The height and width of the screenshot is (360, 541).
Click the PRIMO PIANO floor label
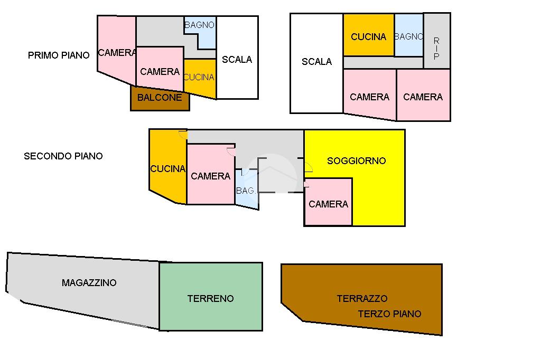coord(59,55)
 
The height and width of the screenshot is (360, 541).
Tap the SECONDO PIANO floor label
coord(63,156)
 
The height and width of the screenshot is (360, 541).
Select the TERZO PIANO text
coord(389,314)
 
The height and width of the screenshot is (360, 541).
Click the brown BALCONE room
coord(160,98)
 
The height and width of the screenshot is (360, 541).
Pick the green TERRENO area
coord(210,299)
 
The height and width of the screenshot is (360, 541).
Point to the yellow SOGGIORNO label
coord(357,161)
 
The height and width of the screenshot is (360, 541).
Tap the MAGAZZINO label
coord(89,283)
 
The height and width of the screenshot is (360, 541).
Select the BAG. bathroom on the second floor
coord(246,191)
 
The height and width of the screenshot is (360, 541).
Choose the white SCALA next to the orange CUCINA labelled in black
coord(316,62)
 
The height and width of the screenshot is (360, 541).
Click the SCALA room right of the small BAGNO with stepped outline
coord(237,60)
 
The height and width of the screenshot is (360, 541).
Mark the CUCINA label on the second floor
coord(168,169)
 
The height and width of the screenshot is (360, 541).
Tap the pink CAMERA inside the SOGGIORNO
coord(328,204)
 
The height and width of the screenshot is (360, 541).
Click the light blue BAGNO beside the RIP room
coord(408,36)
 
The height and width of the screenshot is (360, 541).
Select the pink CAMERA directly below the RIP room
coord(423,97)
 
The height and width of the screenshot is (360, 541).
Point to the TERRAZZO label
coord(362,299)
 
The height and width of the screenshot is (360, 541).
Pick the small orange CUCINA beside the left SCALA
coord(199,77)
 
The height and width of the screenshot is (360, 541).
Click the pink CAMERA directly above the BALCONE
coord(160,71)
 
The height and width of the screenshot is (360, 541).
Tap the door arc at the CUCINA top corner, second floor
coord(183,135)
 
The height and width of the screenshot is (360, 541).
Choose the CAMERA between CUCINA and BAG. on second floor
coord(210,176)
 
